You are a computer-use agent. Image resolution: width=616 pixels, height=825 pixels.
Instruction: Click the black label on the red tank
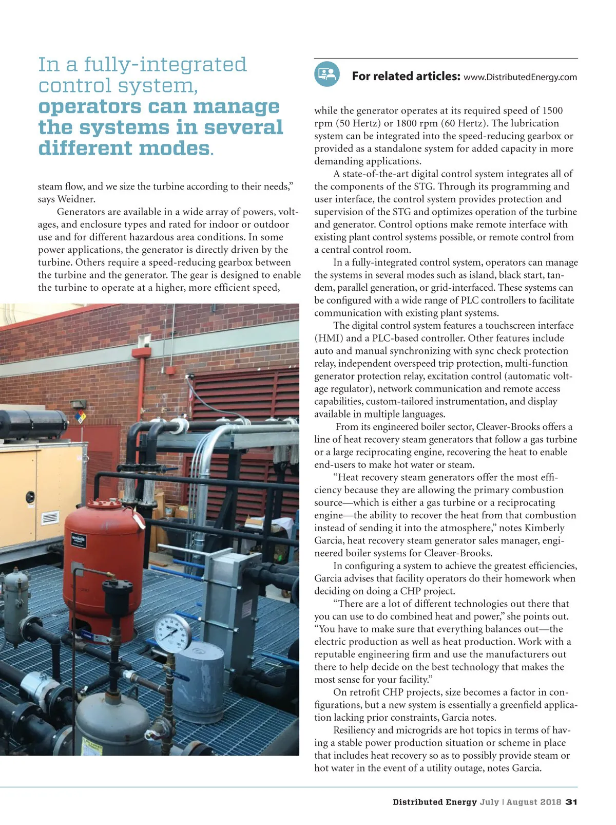(x=79, y=541)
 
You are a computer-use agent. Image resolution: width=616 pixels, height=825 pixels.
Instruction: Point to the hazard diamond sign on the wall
(x=80, y=417)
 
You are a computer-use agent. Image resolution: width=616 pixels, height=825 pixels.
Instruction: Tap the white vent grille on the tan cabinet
(x=50, y=518)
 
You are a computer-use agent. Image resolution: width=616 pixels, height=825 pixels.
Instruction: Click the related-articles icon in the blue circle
(x=327, y=74)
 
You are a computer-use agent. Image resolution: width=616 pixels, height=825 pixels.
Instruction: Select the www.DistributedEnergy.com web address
(x=520, y=78)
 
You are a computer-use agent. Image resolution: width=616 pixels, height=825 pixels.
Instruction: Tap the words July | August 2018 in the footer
(x=520, y=802)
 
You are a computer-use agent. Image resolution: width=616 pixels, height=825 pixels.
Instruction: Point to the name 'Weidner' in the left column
(x=76, y=199)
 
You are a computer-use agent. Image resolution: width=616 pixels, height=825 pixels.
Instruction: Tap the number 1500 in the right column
(x=552, y=110)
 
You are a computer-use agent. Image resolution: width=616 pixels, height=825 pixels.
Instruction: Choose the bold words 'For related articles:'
(x=406, y=77)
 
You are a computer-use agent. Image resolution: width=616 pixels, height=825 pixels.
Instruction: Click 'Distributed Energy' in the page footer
(x=435, y=802)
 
